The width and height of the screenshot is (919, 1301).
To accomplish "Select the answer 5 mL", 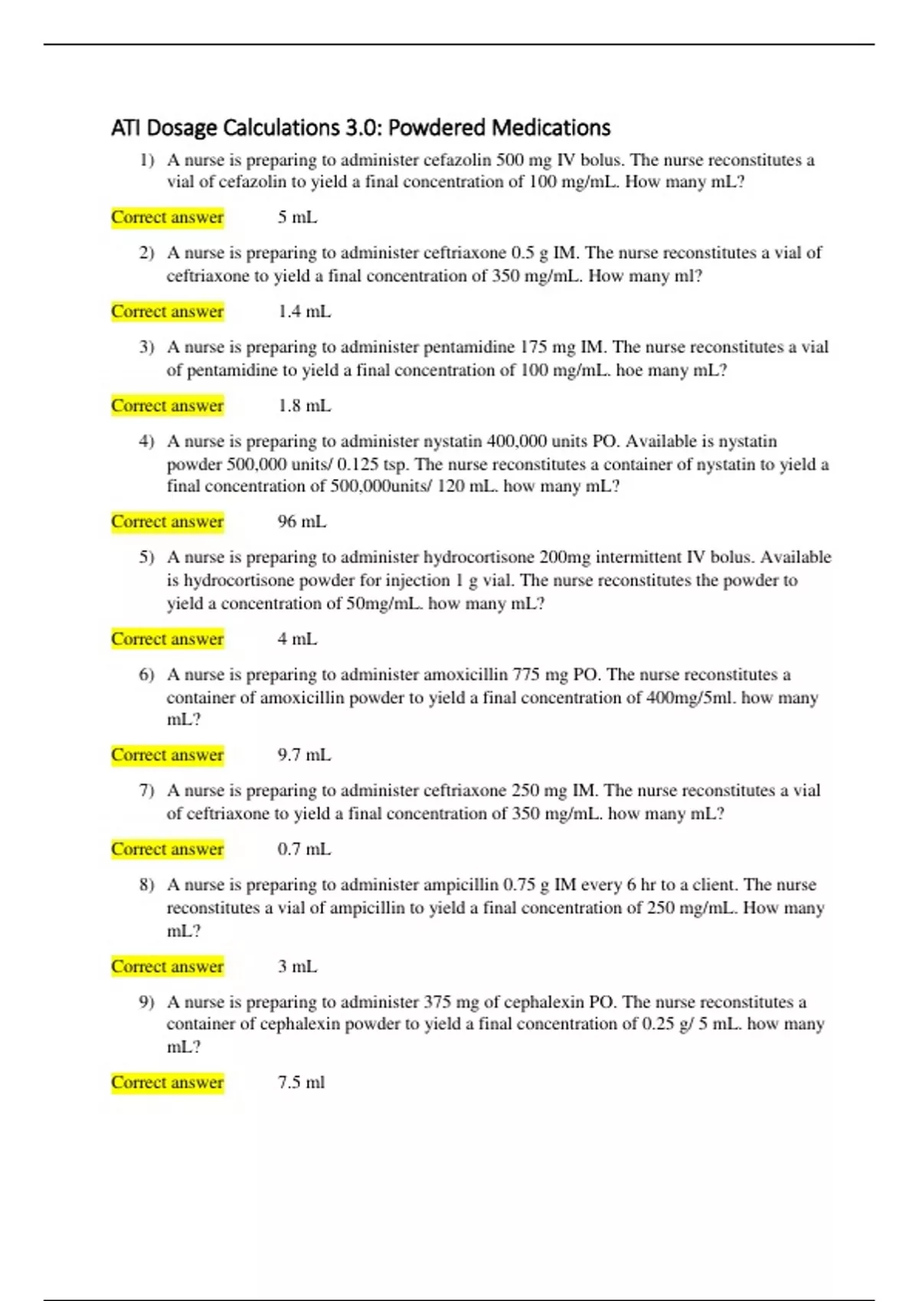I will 297,217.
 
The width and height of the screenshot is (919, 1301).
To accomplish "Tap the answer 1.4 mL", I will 304,311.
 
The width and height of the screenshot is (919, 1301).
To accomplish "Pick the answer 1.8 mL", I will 304,406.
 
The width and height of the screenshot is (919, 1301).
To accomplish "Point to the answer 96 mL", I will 302,522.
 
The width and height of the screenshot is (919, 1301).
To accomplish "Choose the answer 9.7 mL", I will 304,755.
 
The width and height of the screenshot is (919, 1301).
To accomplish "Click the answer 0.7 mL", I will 304,849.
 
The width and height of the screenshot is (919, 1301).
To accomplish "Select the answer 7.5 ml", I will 301,1083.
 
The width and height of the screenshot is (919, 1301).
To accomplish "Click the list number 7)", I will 147,791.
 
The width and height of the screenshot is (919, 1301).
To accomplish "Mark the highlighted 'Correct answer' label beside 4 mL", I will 167,639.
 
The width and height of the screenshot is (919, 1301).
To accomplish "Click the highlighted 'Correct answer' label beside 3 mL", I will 167,967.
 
